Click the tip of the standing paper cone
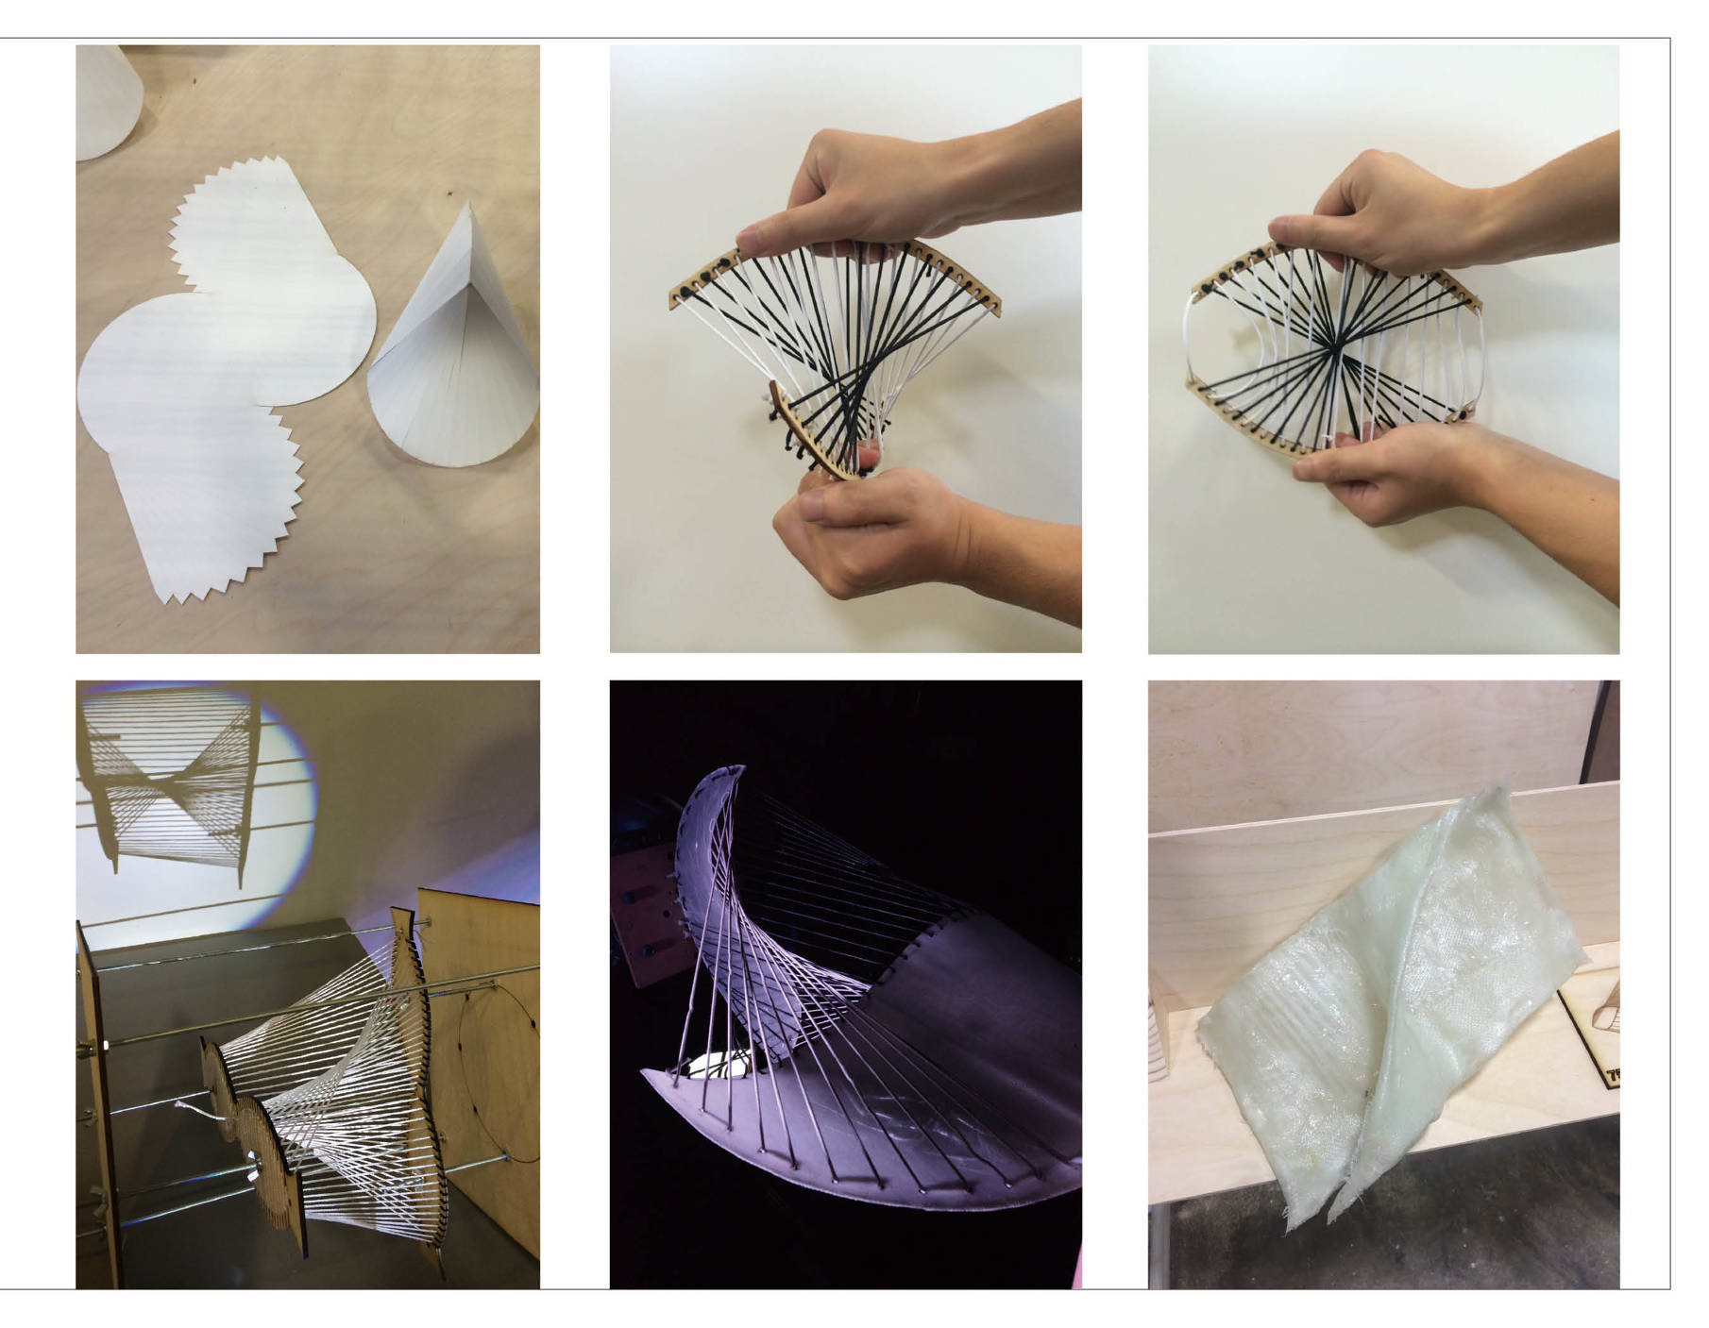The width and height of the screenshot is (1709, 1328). [469, 204]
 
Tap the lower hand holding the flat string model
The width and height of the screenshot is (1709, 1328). [1388, 472]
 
